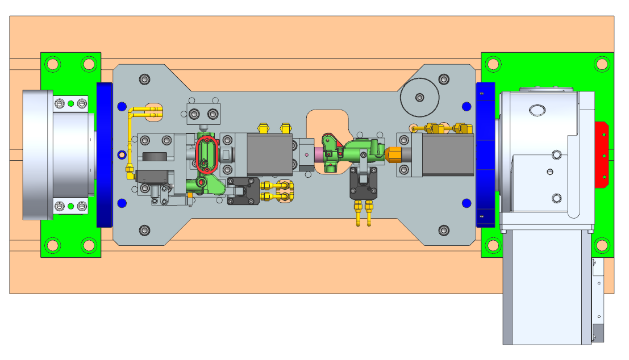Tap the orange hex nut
click(x=393, y=154)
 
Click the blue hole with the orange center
click(x=121, y=154)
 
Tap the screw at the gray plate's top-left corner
click(x=145, y=79)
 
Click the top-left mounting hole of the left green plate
click(x=52, y=64)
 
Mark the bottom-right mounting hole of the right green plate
click(x=601, y=245)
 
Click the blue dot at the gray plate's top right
click(x=466, y=106)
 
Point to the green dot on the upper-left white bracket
click(x=70, y=103)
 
